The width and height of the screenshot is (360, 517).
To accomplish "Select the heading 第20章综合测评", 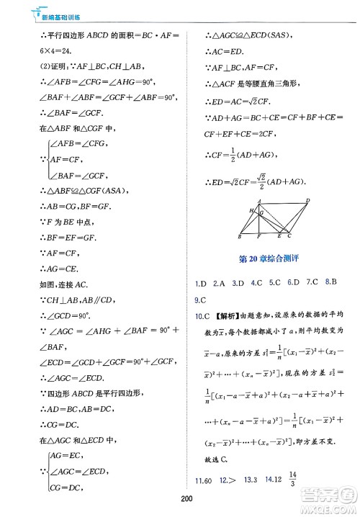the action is coord(269,257).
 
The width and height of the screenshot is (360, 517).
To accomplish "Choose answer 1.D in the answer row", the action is coord(202,282).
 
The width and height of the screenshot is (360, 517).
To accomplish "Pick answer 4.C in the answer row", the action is coord(256,282).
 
